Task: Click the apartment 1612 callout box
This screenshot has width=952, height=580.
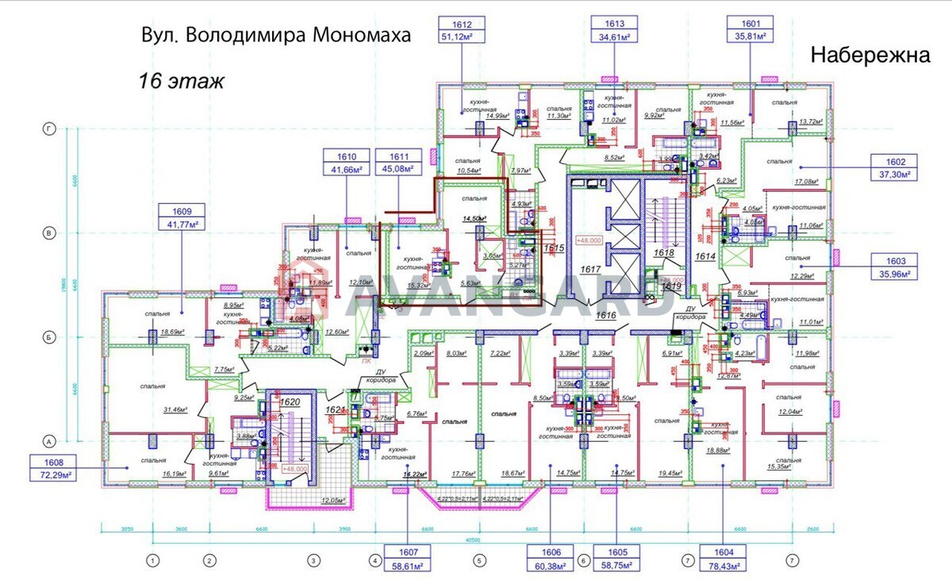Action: click(x=463, y=30)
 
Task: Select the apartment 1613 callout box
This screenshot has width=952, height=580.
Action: click(x=614, y=30)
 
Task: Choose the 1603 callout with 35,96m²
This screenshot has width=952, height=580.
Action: click(x=893, y=267)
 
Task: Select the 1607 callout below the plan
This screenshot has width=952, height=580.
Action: click(x=407, y=559)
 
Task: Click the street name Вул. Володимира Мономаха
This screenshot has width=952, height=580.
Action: click(x=276, y=36)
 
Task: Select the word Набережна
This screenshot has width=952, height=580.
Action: click(x=869, y=55)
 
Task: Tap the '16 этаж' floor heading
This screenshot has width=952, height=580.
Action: click(x=182, y=80)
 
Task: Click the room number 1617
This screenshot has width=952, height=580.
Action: click(x=590, y=270)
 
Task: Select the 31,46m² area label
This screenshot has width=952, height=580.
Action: click(x=174, y=409)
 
